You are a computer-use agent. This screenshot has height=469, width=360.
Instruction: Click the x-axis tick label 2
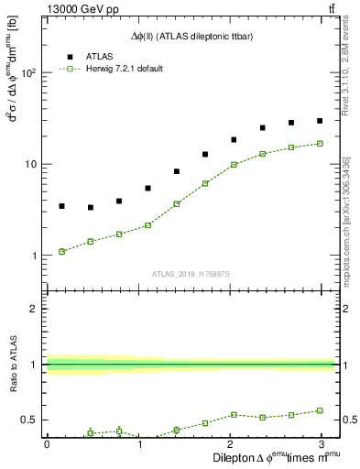click(x=231, y=443)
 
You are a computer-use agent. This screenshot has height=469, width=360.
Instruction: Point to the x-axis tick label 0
click(x=47, y=443)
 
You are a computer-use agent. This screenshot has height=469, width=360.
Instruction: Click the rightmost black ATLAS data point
click(x=320, y=121)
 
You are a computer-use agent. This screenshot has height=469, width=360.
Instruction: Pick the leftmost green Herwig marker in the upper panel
click(x=61, y=251)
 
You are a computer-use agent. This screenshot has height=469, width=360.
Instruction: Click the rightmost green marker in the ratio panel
click(x=320, y=410)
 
